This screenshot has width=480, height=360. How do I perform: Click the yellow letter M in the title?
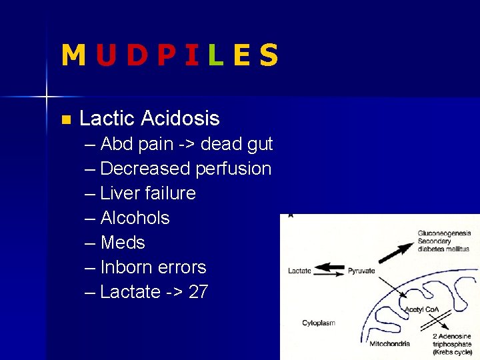click(73, 55)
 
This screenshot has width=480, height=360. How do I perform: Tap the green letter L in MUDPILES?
click(215, 55)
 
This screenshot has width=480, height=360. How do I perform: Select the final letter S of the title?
click(268, 55)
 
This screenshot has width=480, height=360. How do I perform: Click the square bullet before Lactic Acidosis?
click(65, 120)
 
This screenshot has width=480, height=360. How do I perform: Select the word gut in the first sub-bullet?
click(259, 145)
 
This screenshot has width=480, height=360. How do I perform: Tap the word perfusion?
click(233, 169)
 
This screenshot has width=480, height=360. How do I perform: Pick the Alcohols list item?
click(135, 218)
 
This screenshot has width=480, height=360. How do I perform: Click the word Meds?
click(123, 243)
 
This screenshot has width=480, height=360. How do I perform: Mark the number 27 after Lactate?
click(198, 292)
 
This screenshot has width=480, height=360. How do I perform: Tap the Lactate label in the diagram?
click(299, 271)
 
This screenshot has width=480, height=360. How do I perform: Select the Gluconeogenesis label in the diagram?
click(444, 233)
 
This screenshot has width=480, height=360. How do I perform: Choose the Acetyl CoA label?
click(421, 311)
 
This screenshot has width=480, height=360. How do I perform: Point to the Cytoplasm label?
click(319, 323)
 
